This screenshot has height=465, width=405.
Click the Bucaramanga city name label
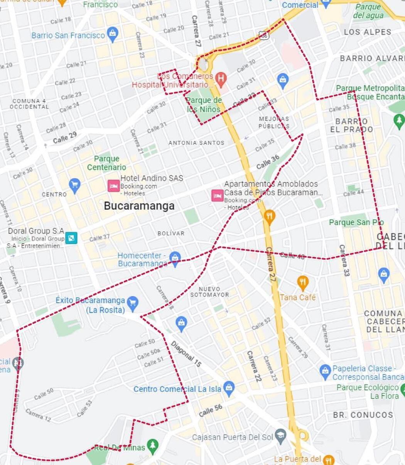pyautogui.click(x=139, y=206)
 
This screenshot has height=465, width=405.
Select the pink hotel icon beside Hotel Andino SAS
pyautogui.click(x=113, y=185)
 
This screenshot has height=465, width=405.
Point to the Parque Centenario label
pyautogui.click(x=106, y=163)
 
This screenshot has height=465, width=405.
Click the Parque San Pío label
pyautogui.click(x=356, y=222)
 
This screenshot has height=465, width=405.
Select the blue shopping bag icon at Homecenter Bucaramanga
pyautogui.click(x=175, y=258)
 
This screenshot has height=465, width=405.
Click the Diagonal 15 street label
pyautogui.click(x=186, y=354)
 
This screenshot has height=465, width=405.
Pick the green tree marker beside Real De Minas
pyautogui.click(x=153, y=445)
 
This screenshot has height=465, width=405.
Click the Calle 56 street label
pyautogui.click(x=211, y=411)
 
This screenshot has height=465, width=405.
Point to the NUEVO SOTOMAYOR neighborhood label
pyautogui.click(x=209, y=292)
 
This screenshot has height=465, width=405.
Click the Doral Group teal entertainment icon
pyautogui.click(x=71, y=238)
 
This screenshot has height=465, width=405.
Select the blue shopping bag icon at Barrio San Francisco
pyautogui.click(x=112, y=34)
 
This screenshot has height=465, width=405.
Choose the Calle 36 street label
pyautogui.click(x=268, y=162)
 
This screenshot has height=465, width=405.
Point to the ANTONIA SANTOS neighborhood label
pyautogui.click(x=196, y=143)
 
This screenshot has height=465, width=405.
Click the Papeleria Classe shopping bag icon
pyautogui.click(x=325, y=371)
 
